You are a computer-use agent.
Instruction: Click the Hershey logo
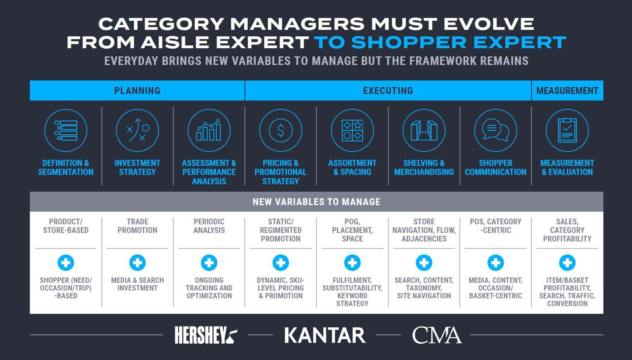[x=206, y=335]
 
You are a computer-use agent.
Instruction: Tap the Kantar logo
[x=325, y=335]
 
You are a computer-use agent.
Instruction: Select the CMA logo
[x=437, y=335]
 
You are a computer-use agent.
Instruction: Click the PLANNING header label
[x=137, y=91]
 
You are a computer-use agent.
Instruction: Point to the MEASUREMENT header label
[x=567, y=91]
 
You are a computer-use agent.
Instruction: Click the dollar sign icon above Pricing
[x=280, y=131]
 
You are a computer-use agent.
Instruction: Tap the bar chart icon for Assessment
[x=209, y=131]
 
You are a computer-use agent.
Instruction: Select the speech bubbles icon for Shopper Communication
[x=495, y=131]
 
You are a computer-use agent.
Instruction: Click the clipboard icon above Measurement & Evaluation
[x=567, y=131]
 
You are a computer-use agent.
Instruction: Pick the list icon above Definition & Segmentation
[x=66, y=131]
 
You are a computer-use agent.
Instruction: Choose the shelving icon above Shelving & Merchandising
[x=424, y=131]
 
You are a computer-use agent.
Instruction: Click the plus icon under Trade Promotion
[x=137, y=263]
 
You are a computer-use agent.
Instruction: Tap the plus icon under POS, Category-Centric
[x=495, y=263]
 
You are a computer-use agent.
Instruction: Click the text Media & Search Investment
[x=137, y=284]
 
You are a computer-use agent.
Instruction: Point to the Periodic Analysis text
[x=209, y=226]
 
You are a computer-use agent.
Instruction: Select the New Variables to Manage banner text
[x=316, y=202]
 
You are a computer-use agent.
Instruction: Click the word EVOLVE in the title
[x=489, y=24]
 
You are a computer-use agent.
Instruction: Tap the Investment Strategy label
[x=137, y=168]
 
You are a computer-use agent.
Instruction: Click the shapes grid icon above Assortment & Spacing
[x=352, y=131]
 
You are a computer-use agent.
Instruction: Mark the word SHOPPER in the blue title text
[x=409, y=42]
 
